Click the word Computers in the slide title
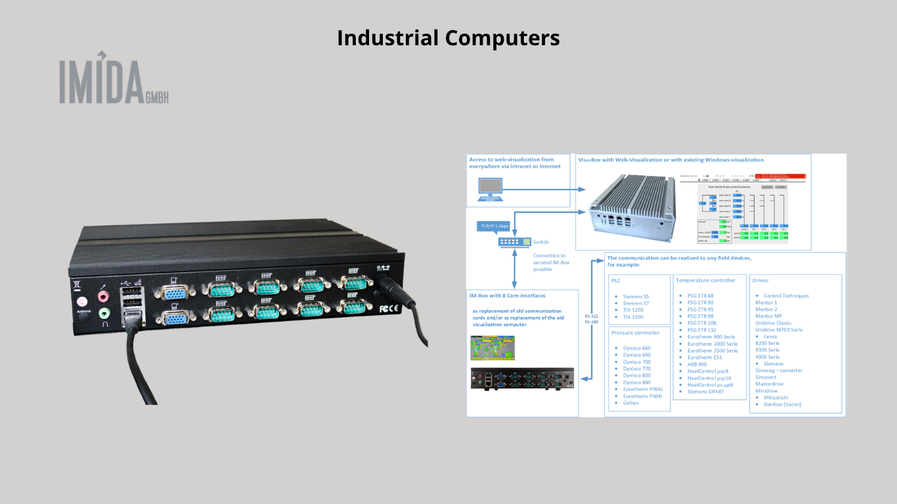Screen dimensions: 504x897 point(502,38)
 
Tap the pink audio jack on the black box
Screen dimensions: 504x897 point(104,297)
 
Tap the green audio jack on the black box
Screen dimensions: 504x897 point(104,314)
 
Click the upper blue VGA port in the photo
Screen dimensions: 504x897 point(174,291)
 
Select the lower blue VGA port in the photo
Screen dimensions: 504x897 point(174,318)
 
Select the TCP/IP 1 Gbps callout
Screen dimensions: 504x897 point(494,226)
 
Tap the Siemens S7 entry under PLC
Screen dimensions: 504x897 point(636,303)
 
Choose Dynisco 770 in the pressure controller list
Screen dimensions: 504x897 point(637,369)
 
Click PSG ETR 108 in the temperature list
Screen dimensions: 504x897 point(701,323)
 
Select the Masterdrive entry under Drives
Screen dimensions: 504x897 point(769,384)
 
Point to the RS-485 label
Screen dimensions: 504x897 point(591,322)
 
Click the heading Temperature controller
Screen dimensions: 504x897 point(706,280)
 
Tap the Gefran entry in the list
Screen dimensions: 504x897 point(631,403)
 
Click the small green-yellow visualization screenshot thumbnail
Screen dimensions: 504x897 point(493,348)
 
